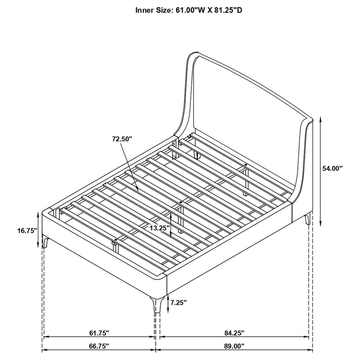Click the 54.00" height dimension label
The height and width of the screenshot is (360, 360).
point(333,168)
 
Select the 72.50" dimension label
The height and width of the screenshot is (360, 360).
point(122,139)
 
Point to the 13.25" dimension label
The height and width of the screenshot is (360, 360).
point(160,228)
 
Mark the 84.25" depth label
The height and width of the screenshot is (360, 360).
point(234,333)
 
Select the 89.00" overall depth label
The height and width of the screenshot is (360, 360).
point(234,347)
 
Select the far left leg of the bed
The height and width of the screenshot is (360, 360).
point(46,243)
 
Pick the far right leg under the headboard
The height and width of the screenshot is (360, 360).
point(307,220)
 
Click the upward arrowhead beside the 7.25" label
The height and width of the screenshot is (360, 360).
point(167,297)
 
